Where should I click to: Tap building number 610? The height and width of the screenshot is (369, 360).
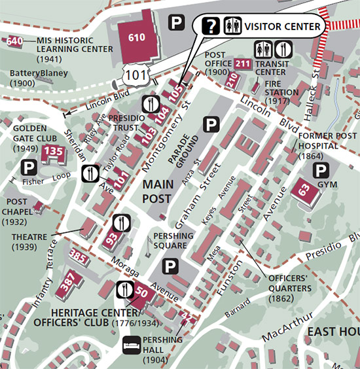coord(137,38)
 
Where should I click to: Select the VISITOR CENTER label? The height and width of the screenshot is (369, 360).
coord(283,27)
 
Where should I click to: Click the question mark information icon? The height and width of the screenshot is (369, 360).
coord(211,26)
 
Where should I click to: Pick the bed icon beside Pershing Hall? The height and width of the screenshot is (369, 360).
coord(132,344)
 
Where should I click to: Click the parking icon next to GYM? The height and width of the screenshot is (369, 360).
coord(321,171)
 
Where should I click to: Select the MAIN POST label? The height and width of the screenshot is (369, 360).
coord(158,190)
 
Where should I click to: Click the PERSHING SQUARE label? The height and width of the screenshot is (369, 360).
coord(173,240)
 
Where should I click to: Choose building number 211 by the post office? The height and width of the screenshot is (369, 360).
coord(242,63)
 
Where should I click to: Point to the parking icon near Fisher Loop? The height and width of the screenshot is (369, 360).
coord(29,167)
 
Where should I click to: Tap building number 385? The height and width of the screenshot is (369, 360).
coord(78,256)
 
